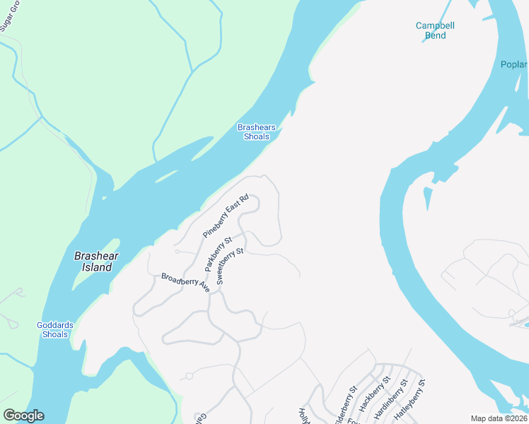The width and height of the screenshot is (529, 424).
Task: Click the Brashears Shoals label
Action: [256, 132]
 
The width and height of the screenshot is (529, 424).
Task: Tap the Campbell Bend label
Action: [435, 30]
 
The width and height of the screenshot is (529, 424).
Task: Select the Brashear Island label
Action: [96, 262]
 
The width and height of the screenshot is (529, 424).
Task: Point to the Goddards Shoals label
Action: [54, 329]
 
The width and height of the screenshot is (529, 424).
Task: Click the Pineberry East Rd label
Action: [226, 216]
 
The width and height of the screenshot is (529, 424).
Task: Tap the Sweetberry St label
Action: [230, 266]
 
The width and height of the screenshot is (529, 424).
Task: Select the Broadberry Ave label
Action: [185, 283]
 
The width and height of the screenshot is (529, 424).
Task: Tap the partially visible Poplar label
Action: [514, 66]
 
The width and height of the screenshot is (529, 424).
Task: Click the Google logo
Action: [23, 416]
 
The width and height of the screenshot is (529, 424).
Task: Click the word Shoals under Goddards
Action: [54, 334]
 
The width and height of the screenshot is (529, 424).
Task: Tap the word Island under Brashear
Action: [96, 268]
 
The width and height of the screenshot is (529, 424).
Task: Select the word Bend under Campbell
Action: [435, 35]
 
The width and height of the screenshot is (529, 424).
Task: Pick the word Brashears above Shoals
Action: [256, 128]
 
